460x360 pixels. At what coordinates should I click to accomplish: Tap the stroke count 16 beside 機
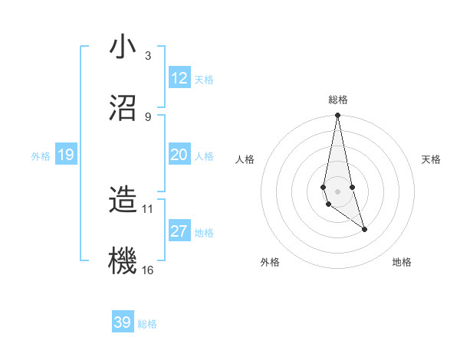click(147, 270)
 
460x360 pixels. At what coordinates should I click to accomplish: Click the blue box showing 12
click(179, 78)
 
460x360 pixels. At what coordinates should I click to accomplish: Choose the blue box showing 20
click(179, 155)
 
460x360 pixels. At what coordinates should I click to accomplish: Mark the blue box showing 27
click(179, 231)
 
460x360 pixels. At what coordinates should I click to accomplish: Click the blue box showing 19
click(65, 155)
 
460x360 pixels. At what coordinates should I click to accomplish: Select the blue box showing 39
click(123, 322)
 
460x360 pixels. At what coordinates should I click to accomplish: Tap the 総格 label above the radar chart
click(337, 100)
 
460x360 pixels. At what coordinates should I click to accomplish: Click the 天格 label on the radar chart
click(431, 159)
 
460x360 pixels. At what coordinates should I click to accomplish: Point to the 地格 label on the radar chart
click(402, 262)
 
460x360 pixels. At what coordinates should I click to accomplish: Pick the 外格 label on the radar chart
click(270, 262)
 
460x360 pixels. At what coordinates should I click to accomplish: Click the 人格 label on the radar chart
click(245, 159)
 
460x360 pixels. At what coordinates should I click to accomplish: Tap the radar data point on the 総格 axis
click(337, 116)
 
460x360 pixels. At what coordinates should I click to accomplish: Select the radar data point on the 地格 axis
click(364, 229)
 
